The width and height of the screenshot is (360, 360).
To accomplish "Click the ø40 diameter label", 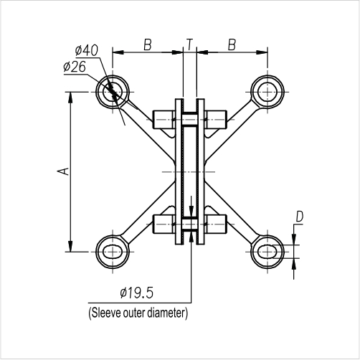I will [85, 50].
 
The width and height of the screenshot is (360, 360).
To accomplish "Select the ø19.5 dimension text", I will [137, 293].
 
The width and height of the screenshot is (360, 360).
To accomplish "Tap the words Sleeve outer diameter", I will [137, 313].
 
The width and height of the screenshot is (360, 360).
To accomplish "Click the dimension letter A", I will [62, 171].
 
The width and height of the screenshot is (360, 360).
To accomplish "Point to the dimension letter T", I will [189, 44].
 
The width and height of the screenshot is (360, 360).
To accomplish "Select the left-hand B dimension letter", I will [147, 44].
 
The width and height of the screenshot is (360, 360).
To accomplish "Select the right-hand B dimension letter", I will [232, 44].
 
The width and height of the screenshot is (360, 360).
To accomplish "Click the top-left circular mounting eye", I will [113, 92].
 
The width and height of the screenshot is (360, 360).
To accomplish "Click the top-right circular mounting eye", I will [267, 92].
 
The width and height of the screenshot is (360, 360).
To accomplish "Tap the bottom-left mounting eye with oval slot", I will [113, 252].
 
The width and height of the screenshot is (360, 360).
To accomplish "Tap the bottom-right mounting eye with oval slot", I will [267, 252].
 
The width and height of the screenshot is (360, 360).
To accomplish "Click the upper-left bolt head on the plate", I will [164, 119].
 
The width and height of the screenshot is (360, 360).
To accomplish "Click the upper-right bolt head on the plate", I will [215, 119].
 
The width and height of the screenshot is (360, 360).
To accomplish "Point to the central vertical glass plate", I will [189, 172].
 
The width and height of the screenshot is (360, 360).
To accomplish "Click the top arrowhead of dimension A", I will [70, 98].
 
